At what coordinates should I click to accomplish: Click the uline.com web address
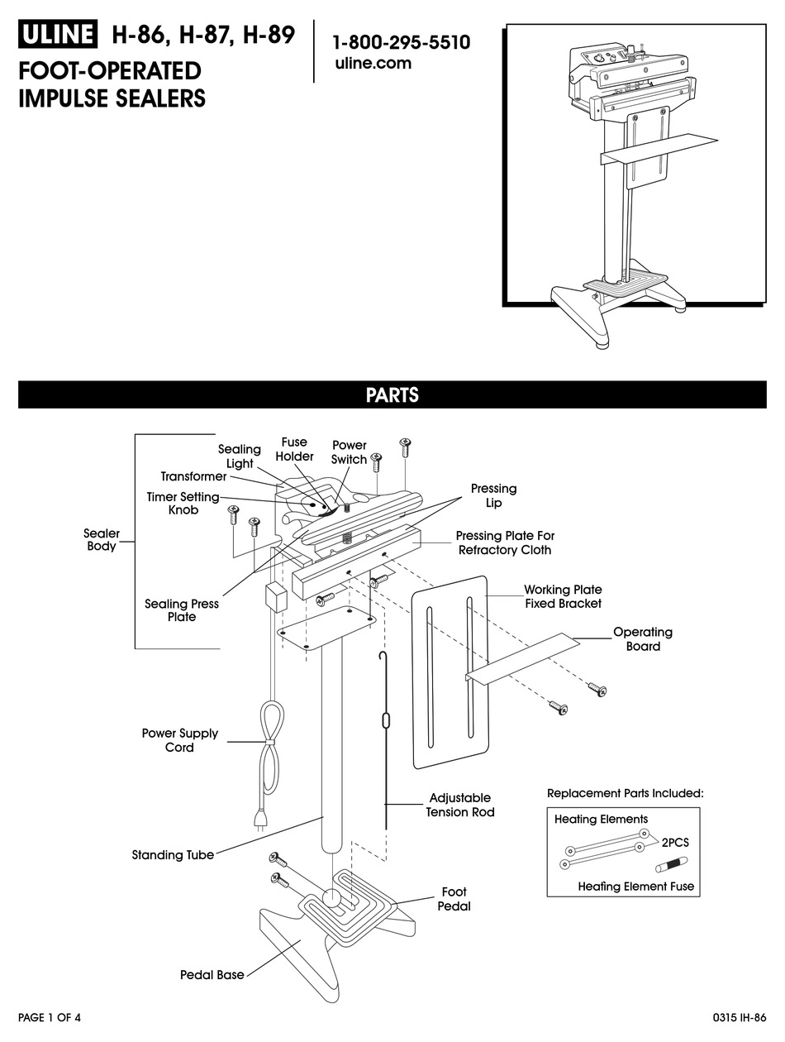[x=373, y=65]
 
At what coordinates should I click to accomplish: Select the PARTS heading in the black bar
[x=392, y=395]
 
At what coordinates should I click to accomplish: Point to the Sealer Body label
[x=102, y=540]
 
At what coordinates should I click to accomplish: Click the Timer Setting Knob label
[x=183, y=504]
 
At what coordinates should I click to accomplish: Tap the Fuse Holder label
[x=294, y=449]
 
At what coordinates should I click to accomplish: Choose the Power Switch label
[x=349, y=452]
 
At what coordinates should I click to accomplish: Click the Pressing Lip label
[x=493, y=495]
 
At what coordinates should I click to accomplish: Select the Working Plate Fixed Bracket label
[x=564, y=596]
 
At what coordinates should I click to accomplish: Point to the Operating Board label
[x=643, y=638]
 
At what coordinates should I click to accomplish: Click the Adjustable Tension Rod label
[x=460, y=805]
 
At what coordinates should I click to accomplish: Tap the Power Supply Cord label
[x=180, y=740]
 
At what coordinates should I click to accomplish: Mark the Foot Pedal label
[x=454, y=899]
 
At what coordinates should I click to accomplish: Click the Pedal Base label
[x=212, y=975]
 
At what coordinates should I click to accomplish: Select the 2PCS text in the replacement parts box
[x=674, y=842]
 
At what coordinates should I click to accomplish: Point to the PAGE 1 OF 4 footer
[x=50, y=1017]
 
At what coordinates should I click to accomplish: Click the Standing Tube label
[x=173, y=855]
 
